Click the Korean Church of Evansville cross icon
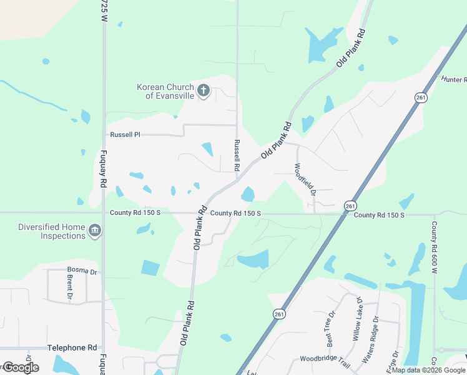click(x=203, y=91)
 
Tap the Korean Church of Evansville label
click(x=165, y=91)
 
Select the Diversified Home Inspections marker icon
click(x=95, y=231)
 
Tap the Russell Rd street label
click(x=237, y=155)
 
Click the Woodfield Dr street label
click(x=306, y=179)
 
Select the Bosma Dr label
click(x=82, y=271)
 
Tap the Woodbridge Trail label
click(x=325, y=359)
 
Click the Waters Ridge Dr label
click(x=375, y=339)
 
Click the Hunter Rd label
click(x=453, y=79)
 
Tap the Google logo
click(x=21, y=367)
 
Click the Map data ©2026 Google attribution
click(x=429, y=370)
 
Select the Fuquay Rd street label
click(x=101, y=169)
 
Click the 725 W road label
click(x=104, y=11)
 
